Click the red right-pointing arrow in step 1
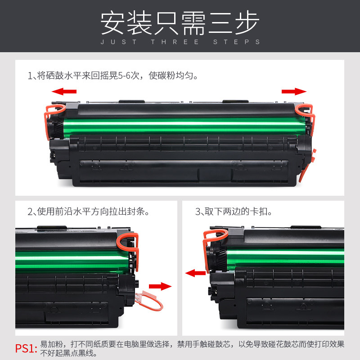(294, 92)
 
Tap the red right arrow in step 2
(160, 287)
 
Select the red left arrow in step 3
(195, 273)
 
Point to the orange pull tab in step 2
(148, 299)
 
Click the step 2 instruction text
(88, 211)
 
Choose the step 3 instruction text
(234, 211)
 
